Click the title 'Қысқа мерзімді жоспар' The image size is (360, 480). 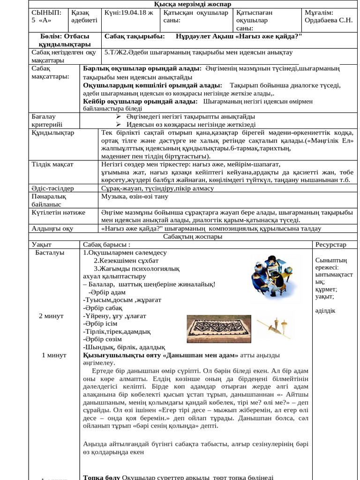click(180, 4)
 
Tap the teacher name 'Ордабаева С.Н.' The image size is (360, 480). click(328, 21)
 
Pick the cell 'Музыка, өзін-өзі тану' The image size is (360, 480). click(133, 196)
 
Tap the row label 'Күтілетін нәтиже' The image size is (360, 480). click(58, 212)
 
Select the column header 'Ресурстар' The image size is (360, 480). click(331, 245)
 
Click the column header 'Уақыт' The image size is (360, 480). click(42, 245)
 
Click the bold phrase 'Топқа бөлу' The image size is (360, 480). click(101, 477)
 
